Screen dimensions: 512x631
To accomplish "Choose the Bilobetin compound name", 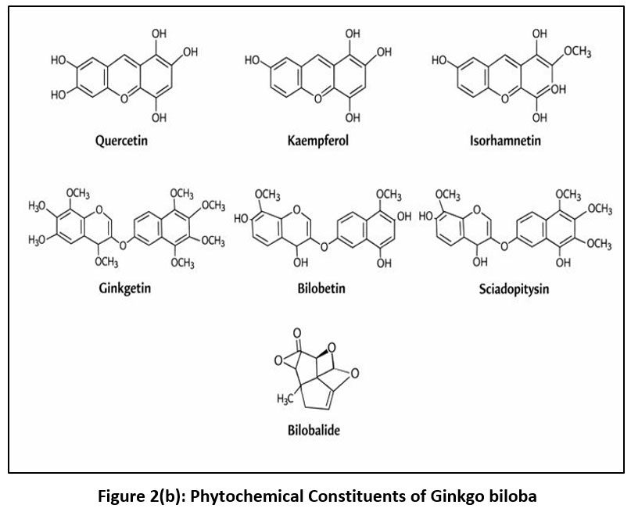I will [317, 288].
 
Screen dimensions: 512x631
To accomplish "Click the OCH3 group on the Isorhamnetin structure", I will [577, 52].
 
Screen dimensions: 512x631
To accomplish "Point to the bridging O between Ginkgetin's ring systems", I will [124, 245].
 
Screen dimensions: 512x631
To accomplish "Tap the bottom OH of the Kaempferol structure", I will [353, 117].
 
